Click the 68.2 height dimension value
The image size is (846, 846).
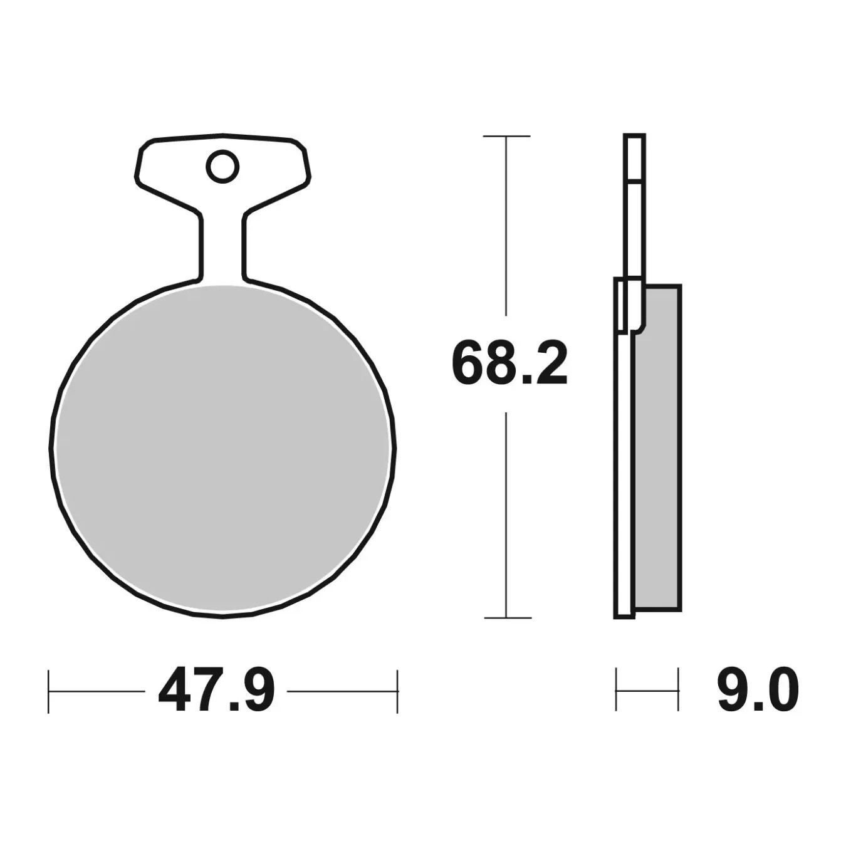(509, 364)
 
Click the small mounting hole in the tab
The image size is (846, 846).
(222, 166)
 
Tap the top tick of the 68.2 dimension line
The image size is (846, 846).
(506, 136)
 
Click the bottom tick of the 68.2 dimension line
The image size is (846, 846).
(508, 618)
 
